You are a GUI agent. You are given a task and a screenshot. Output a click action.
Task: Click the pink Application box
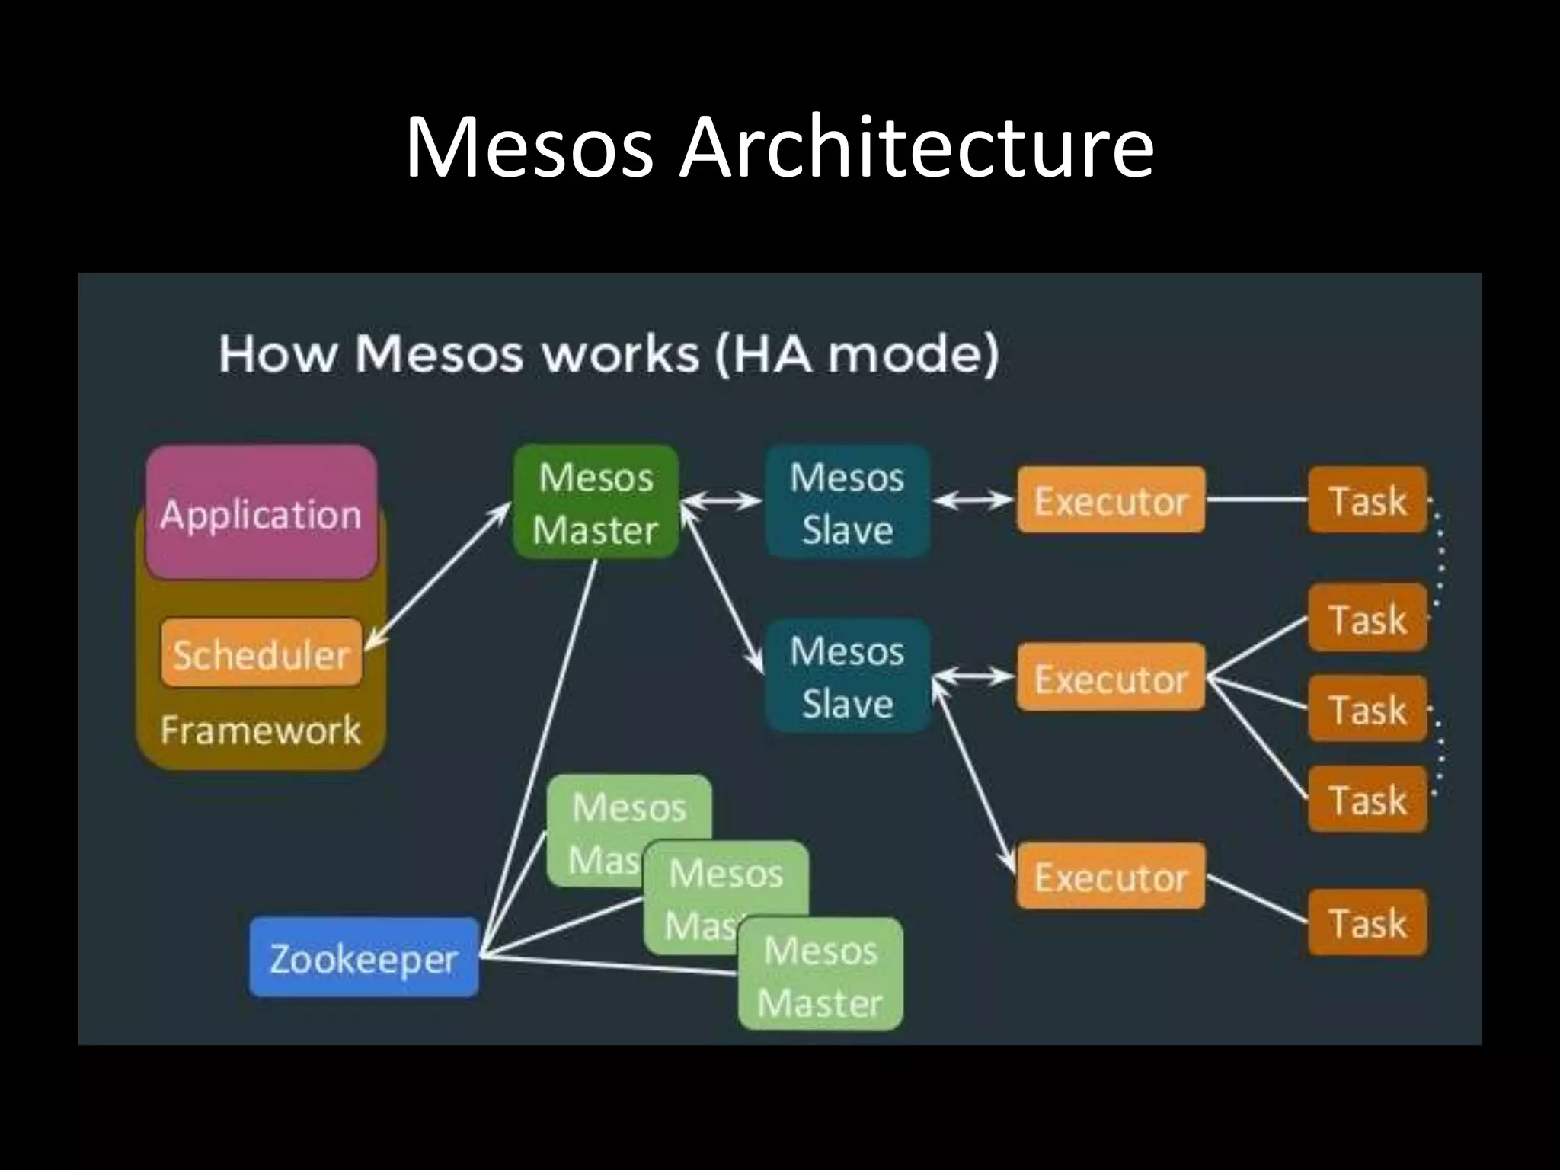[x=261, y=513]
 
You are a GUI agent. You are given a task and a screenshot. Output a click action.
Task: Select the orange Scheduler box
[x=261, y=654]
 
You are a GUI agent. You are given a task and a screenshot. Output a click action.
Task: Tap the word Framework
[x=261, y=730]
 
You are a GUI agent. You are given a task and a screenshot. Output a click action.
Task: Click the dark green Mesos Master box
[x=596, y=503]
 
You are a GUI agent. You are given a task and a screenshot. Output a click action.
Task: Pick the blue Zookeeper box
[x=364, y=957]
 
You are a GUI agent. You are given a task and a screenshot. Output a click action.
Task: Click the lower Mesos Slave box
[x=847, y=676]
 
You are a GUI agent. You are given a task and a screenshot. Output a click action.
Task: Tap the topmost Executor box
[x=1111, y=500]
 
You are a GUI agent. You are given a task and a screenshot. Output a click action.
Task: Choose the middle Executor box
[x=1111, y=677]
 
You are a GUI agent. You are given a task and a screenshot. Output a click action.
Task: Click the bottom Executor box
[x=1111, y=877]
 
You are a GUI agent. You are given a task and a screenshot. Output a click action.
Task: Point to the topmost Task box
[x=1367, y=500]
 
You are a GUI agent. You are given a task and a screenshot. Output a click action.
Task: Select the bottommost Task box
[x=1367, y=922]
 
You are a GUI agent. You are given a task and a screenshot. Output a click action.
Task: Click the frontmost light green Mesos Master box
[x=820, y=976]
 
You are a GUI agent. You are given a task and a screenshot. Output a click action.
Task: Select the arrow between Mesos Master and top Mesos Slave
[x=721, y=500]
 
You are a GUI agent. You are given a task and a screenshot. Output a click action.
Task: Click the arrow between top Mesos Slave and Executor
[x=973, y=500]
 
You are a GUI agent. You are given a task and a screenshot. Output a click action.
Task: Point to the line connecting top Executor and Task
[x=1257, y=500]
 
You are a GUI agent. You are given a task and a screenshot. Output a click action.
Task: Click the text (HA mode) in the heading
[x=856, y=355]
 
